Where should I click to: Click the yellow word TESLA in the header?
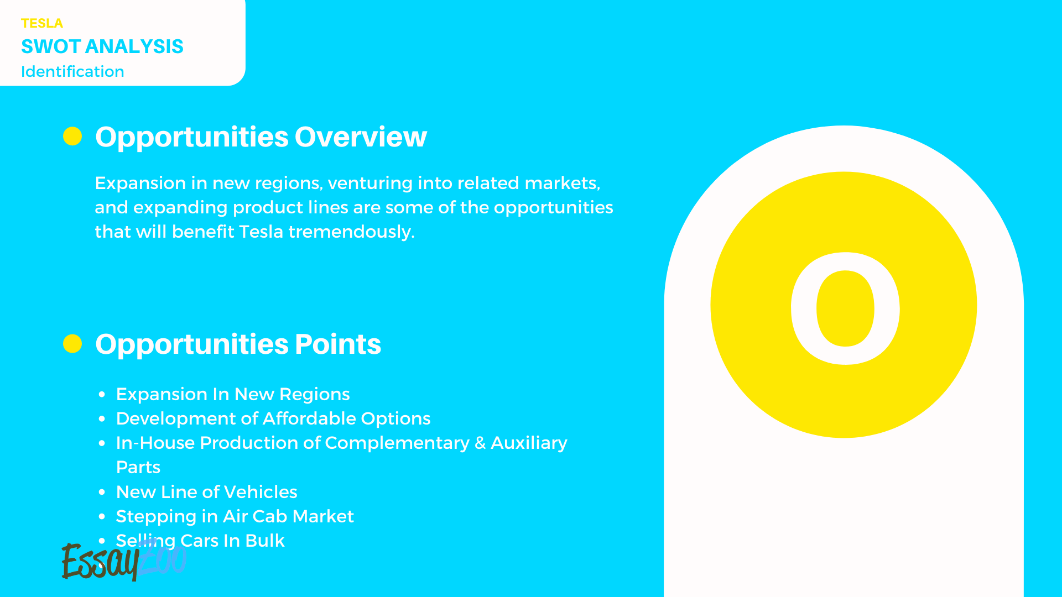[x=42, y=23]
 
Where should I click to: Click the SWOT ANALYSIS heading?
[x=102, y=46]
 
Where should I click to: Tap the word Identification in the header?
[x=72, y=72]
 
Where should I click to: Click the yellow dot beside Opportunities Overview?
[x=72, y=136]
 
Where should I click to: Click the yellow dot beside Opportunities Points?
[x=72, y=343]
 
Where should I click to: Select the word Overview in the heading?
[x=361, y=137]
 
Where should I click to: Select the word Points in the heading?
[x=337, y=344]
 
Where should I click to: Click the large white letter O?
[x=845, y=308]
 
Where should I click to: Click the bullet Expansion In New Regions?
[x=233, y=394]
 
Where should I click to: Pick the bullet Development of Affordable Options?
[x=273, y=418]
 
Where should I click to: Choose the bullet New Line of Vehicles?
[x=206, y=492]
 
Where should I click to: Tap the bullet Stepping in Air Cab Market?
[x=235, y=516]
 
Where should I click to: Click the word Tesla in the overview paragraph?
[x=261, y=232]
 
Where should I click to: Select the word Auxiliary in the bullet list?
[x=529, y=443]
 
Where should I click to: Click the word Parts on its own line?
[x=138, y=467]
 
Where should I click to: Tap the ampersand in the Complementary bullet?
[x=480, y=443]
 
